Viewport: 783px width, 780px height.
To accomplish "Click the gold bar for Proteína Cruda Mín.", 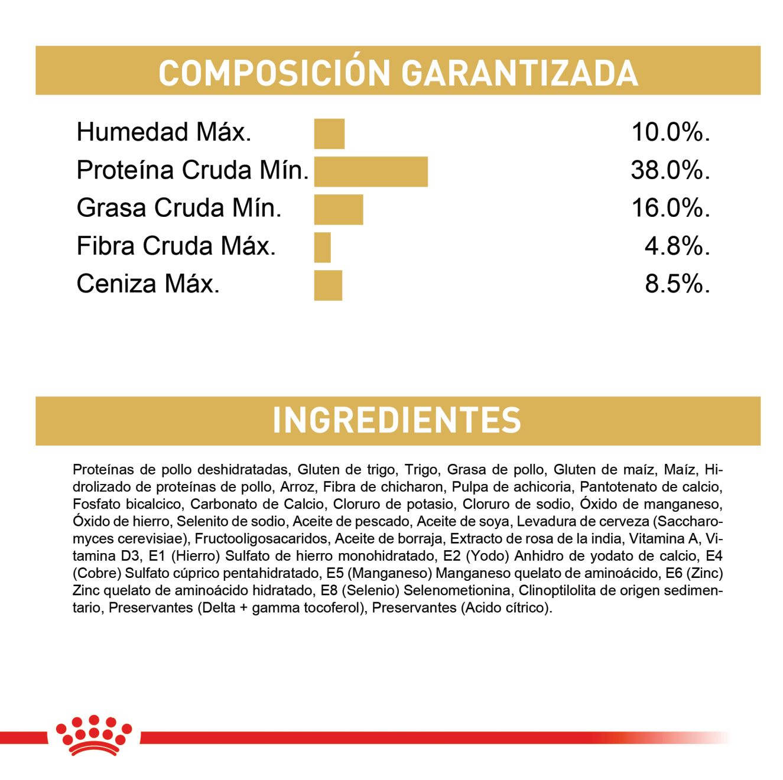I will [371, 171].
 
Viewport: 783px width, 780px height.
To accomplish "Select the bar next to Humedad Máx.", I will [329, 134].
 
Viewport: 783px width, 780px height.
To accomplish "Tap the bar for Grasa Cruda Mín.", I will [338, 209].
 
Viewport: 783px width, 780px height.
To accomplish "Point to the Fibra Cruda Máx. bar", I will [322, 247].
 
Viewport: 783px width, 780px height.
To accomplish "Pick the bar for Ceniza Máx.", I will [328, 285].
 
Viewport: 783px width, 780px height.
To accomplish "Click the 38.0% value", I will [670, 171].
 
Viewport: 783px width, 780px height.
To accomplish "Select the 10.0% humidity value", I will [670, 133].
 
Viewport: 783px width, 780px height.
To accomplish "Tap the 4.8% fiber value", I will [676, 246].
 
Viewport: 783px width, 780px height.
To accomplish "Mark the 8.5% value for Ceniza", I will [676, 284].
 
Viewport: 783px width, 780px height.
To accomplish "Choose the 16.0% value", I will [670, 209].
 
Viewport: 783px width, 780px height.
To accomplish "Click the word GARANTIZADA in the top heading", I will [519, 73].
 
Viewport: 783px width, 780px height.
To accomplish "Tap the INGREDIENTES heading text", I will [397, 420].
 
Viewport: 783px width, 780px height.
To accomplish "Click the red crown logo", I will [93, 735].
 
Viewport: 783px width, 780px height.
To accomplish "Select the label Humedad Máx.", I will [164, 132].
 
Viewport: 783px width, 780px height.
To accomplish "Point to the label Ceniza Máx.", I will [148, 284].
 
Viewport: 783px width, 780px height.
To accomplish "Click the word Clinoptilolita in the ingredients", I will [556, 591].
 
